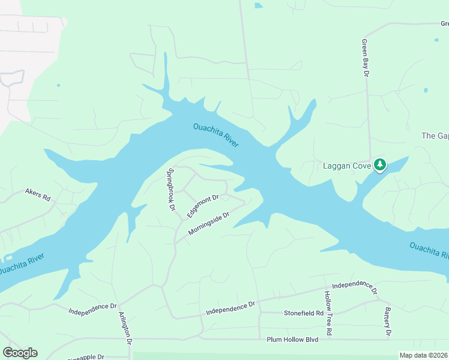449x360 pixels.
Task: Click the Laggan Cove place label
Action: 347,166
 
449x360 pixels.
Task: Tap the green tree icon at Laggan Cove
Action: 379,164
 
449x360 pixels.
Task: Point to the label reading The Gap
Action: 435,136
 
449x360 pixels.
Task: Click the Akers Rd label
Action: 37,195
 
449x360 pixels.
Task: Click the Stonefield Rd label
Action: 304,313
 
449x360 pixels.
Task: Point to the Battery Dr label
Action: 388,322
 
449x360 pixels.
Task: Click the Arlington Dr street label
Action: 125,328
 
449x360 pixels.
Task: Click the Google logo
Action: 20,353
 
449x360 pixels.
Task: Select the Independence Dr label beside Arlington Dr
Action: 92,308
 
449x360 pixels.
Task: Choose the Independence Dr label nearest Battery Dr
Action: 354,287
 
